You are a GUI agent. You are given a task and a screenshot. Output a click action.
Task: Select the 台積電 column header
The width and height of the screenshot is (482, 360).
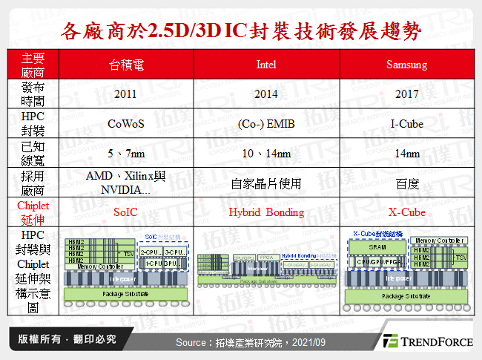tap(126, 65)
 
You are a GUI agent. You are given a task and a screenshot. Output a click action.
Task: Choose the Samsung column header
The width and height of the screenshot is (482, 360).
tap(406, 65)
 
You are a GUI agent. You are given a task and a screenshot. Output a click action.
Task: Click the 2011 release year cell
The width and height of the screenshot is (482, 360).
tap(126, 94)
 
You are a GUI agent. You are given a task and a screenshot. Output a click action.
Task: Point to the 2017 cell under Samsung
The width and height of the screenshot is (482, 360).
tap(406, 94)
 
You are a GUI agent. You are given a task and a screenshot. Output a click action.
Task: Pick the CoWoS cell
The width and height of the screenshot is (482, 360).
tap(126, 124)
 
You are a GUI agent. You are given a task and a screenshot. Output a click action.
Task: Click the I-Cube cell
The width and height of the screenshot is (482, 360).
tap(406, 124)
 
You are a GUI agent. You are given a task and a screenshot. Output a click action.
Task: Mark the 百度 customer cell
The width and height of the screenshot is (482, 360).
tap(406, 183)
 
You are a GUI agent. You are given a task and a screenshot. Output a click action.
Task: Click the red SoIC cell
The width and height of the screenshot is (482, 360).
tap(126, 212)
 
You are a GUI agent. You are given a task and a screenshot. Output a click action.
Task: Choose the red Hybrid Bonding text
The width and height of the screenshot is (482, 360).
tap(266, 212)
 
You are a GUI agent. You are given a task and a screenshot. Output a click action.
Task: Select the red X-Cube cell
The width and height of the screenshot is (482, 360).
tap(406, 212)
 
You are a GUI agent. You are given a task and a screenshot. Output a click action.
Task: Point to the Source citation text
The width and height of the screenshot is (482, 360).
tap(250, 341)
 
